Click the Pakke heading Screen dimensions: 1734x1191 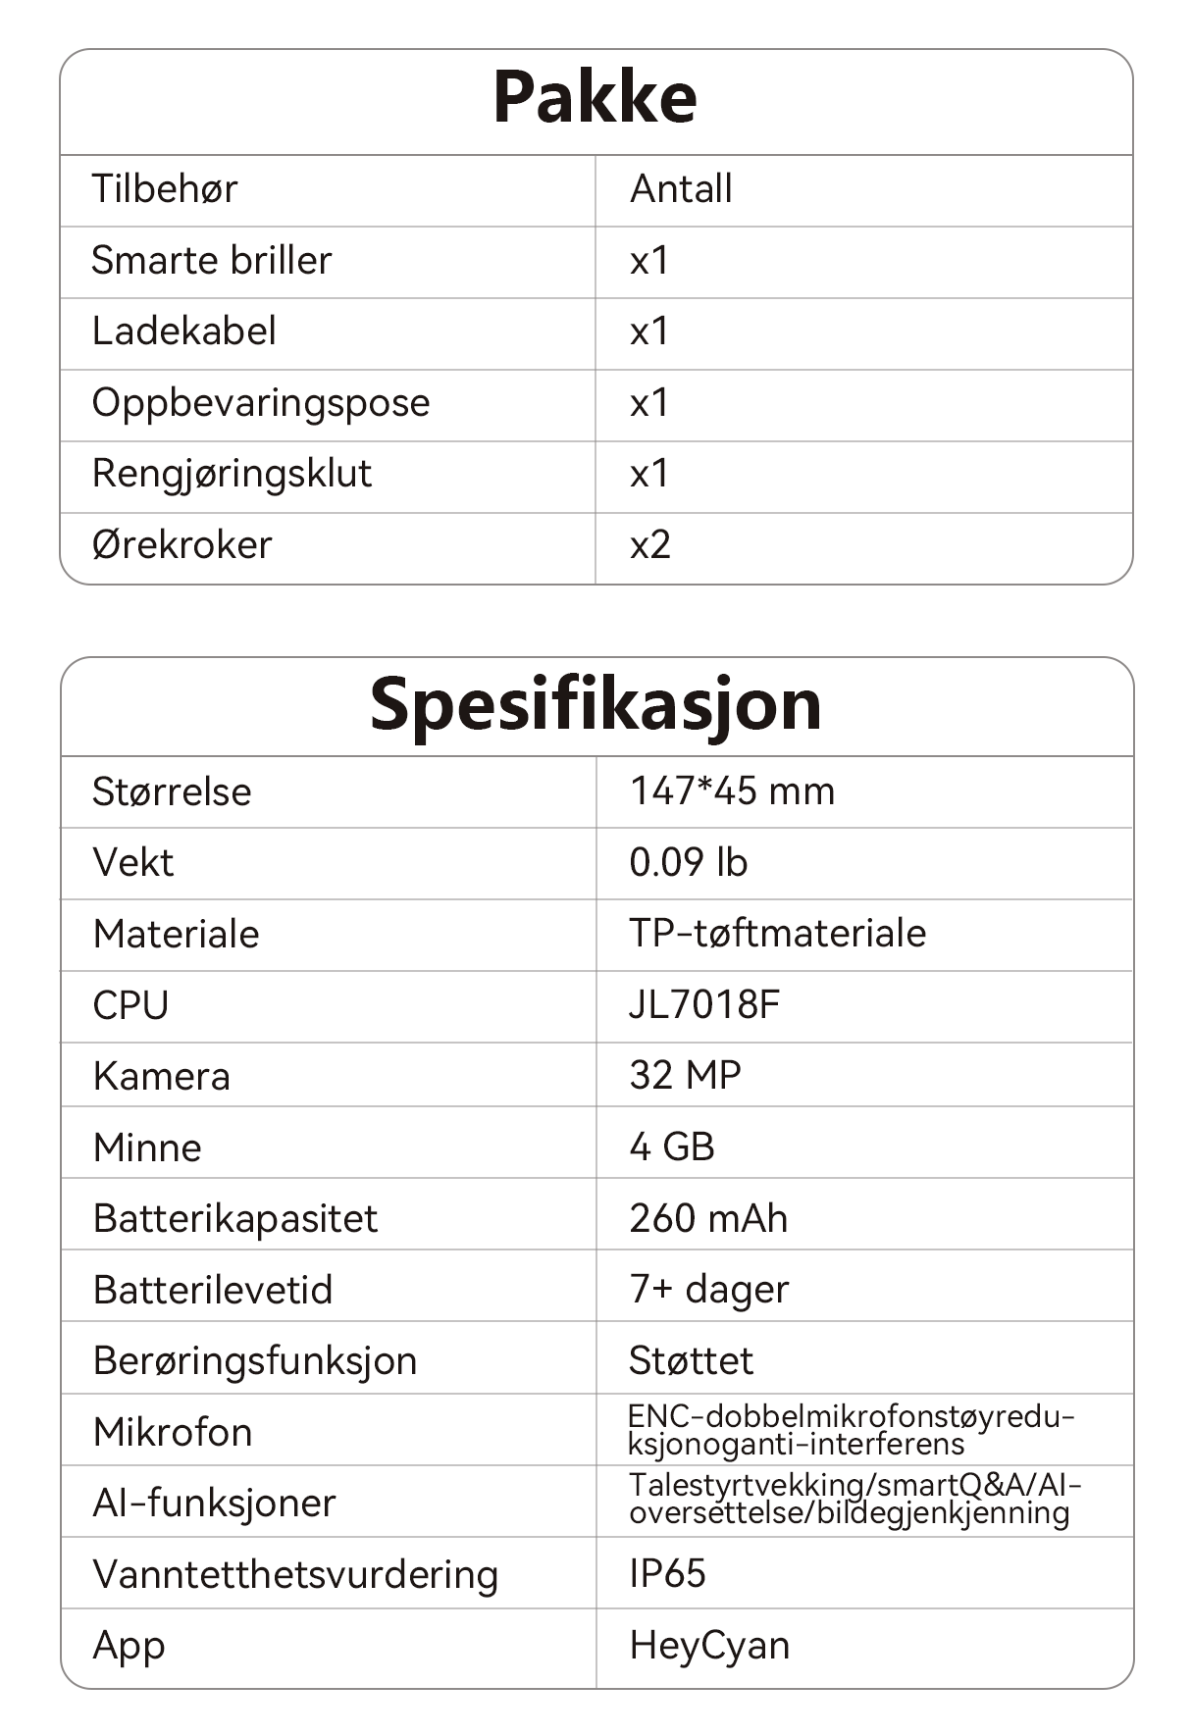(595, 97)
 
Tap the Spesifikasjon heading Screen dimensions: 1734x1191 (595, 704)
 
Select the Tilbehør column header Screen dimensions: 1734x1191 (165, 188)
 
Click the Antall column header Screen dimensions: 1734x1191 (681, 188)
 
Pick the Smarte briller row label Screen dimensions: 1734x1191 (212, 260)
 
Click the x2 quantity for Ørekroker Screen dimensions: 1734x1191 (650, 544)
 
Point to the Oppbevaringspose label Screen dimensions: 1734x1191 (261, 402)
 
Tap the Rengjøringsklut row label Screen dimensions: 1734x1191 (232, 473)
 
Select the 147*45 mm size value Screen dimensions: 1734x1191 (732, 790)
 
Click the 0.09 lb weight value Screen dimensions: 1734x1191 (689, 862)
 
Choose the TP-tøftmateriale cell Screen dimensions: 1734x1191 (777, 933)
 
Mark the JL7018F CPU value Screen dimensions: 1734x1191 (704, 1004)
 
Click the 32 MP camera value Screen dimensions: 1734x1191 (685, 1075)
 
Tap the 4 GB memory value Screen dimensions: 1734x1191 (672, 1147)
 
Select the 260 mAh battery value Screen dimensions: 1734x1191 (708, 1218)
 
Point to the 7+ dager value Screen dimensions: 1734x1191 (708, 1290)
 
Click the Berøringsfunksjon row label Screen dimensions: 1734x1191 (255, 1360)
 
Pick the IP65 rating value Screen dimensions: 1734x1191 (667, 1573)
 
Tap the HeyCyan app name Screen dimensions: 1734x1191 (709, 1645)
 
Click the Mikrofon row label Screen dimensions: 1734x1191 (173, 1432)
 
